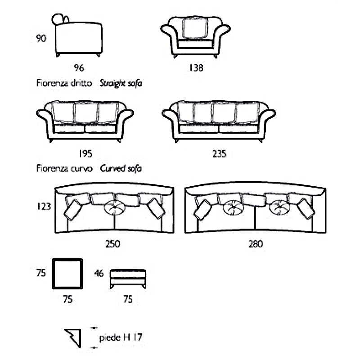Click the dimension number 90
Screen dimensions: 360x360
[41, 38]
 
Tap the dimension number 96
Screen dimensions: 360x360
[79, 67]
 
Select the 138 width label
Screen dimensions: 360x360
[196, 67]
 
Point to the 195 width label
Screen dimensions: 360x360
[85, 153]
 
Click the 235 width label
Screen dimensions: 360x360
[219, 153]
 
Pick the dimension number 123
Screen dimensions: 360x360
[44, 206]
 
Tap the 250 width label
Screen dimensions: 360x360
[112, 243]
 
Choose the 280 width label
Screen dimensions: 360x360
[256, 243]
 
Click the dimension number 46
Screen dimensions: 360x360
[99, 273]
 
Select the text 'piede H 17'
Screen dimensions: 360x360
[121, 337]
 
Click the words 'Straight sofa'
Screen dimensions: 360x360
[121, 83]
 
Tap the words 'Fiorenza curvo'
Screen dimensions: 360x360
[64, 168]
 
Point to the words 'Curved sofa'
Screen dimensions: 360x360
[121, 168]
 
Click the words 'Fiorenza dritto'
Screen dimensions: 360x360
[64, 83]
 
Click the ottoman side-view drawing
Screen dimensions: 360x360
[128, 279]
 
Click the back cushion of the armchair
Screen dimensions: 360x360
[195, 27]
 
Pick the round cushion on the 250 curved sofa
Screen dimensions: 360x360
[115, 207]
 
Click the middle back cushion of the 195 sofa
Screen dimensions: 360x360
[86, 112]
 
